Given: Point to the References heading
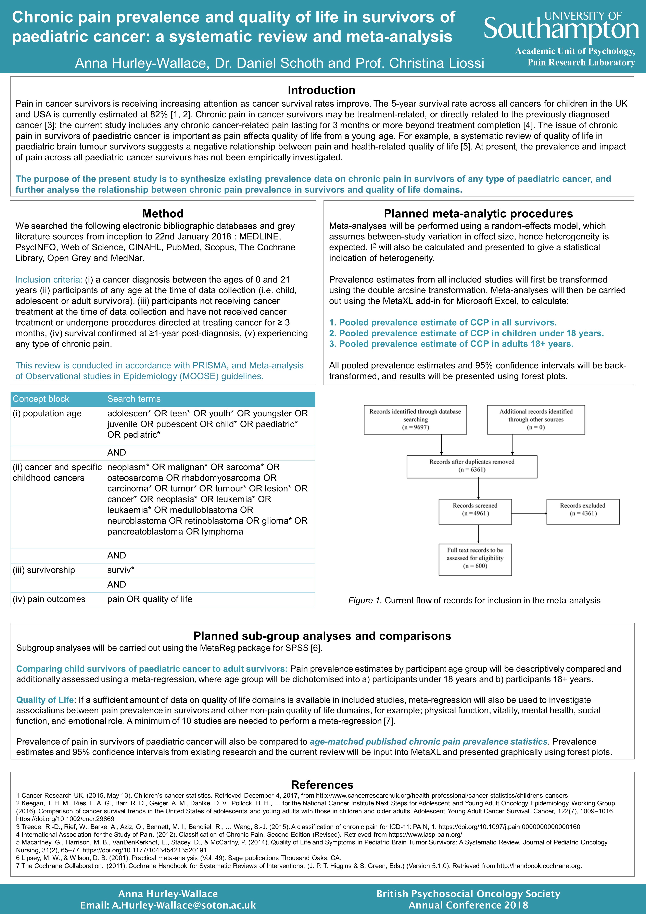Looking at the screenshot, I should point(322,785).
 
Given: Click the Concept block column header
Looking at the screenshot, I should point(41,399).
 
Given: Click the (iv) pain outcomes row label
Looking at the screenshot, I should point(49,599).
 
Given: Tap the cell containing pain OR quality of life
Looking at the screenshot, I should point(150,599).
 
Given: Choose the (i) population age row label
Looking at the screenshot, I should point(47,414).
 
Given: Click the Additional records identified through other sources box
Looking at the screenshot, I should point(536,420).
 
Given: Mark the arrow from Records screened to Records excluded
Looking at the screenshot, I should point(529,514).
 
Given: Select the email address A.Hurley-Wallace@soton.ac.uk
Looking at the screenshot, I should point(184,905).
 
